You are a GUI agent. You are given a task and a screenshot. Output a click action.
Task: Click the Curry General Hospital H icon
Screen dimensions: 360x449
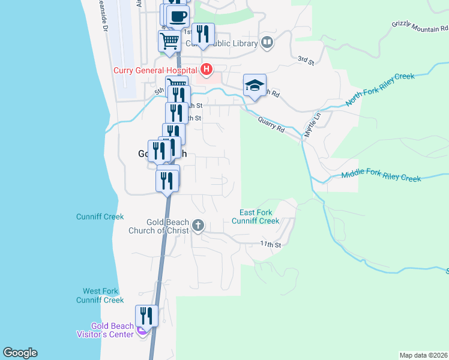tap(206, 70)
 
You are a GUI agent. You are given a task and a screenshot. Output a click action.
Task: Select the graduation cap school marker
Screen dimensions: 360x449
tap(255, 85)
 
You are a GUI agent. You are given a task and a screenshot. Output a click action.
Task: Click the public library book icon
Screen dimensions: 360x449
tap(267, 43)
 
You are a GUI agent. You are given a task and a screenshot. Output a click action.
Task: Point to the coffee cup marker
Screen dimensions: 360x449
tap(178, 16)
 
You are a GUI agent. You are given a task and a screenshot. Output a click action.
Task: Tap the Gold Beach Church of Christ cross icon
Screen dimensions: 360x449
tap(198, 226)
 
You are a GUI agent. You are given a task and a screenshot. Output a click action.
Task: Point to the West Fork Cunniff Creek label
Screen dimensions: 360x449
tap(100, 295)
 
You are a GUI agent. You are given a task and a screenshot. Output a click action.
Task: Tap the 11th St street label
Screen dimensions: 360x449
tap(270, 244)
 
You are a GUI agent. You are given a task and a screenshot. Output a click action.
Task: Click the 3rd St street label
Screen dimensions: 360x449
tap(306, 59)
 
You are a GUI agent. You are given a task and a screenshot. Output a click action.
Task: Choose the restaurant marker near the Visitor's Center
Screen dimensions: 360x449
tap(146, 316)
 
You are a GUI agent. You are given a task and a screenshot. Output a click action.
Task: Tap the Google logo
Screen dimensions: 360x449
tap(20, 353)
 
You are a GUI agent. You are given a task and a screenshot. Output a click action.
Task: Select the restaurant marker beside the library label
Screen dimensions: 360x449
tap(203, 34)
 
